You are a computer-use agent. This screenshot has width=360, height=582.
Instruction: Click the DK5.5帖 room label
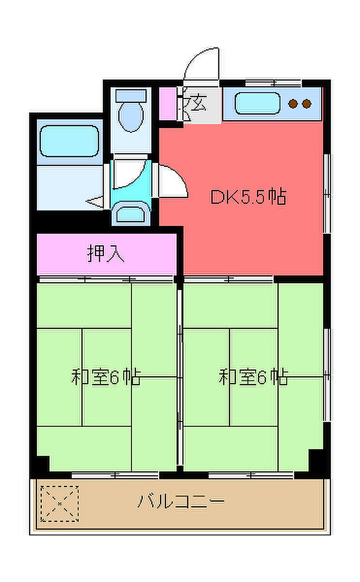tap(248, 197)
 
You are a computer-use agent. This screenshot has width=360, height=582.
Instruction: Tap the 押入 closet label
tap(106, 254)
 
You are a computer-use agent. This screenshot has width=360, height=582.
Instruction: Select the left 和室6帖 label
tap(106, 376)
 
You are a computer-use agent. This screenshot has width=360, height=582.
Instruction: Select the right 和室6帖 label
tap(253, 376)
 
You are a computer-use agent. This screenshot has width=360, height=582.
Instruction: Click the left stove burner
tap(293, 104)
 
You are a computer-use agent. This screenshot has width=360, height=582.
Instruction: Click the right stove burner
tap(307, 104)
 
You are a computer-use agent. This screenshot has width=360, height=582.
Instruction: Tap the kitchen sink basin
tap(257, 103)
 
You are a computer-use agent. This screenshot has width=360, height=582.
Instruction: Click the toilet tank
tap(131, 96)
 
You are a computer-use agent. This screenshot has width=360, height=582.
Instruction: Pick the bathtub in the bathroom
tap(69, 141)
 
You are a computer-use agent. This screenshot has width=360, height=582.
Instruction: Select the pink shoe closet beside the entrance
tap(168, 104)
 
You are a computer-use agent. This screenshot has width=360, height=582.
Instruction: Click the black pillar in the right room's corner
tap(316, 461)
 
